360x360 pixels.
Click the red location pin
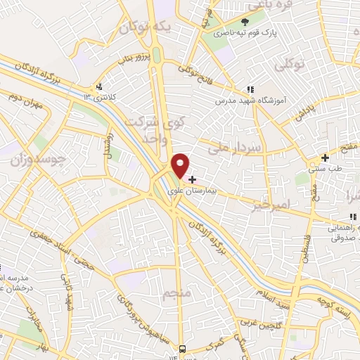pyautogui.click(x=181, y=165)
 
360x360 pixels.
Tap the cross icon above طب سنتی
pyautogui.click(x=325, y=157)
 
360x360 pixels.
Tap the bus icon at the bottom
pyautogui.click(x=183, y=349)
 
